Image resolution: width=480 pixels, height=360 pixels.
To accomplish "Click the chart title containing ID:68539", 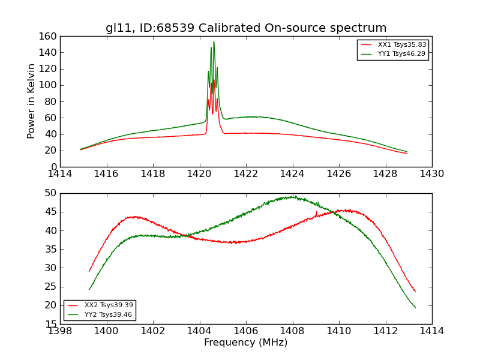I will click(x=246, y=28).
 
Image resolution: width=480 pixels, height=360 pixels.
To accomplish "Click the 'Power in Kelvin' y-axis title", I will click(x=31, y=101).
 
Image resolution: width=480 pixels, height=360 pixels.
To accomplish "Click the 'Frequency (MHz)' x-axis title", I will click(x=246, y=343).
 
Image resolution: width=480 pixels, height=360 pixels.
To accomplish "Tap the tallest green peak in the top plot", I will click(x=214, y=42).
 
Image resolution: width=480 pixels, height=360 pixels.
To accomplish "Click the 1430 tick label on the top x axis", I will click(x=432, y=174).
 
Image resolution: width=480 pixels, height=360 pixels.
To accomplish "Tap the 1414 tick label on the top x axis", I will click(x=61, y=174).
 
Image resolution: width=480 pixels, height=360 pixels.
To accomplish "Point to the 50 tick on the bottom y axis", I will click(x=51, y=193).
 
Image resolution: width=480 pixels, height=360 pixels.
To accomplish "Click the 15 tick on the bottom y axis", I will click(x=51, y=324).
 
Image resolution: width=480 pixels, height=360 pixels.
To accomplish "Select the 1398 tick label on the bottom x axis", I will click(x=61, y=331).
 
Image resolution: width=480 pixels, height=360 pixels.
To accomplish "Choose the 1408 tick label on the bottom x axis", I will click(x=293, y=331).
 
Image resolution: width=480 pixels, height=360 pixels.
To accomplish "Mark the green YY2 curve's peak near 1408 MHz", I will click(x=293, y=196).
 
